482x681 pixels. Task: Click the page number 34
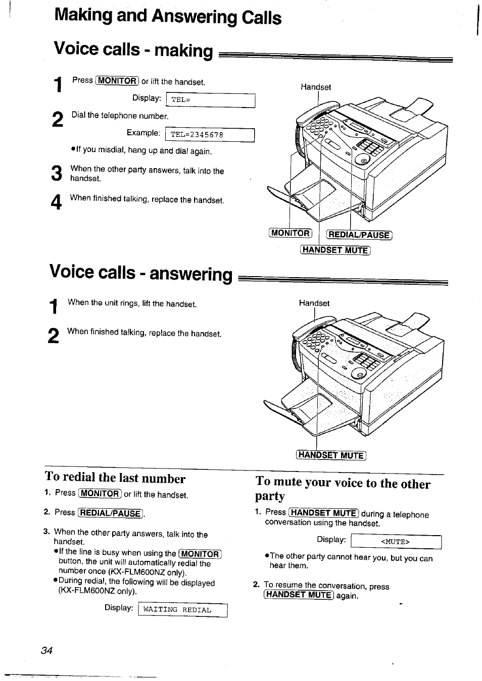[x=47, y=650]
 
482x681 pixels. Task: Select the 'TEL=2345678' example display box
[x=211, y=135]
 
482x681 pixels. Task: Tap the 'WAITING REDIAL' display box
[x=182, y=610]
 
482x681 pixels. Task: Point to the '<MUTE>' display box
[x=396, y=542]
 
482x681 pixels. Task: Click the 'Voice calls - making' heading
[x=133, y=50]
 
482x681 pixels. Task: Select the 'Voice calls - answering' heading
[x=141, y=273]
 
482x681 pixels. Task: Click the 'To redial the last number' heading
[x=115, y=478]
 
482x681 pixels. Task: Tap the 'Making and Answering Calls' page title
[x=168, y=17]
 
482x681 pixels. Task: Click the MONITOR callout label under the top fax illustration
[x=291, y=233]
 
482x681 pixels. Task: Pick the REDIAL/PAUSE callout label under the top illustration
[x=359, y=234]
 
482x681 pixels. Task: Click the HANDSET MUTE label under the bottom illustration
[x=331, y=455]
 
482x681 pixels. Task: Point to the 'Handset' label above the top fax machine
[x=316, y=87]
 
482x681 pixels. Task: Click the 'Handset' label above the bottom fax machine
[x=314, y=303]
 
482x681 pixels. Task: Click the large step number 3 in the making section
[x=57, y=173]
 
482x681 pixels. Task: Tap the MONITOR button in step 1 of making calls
[x=117, y=81]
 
